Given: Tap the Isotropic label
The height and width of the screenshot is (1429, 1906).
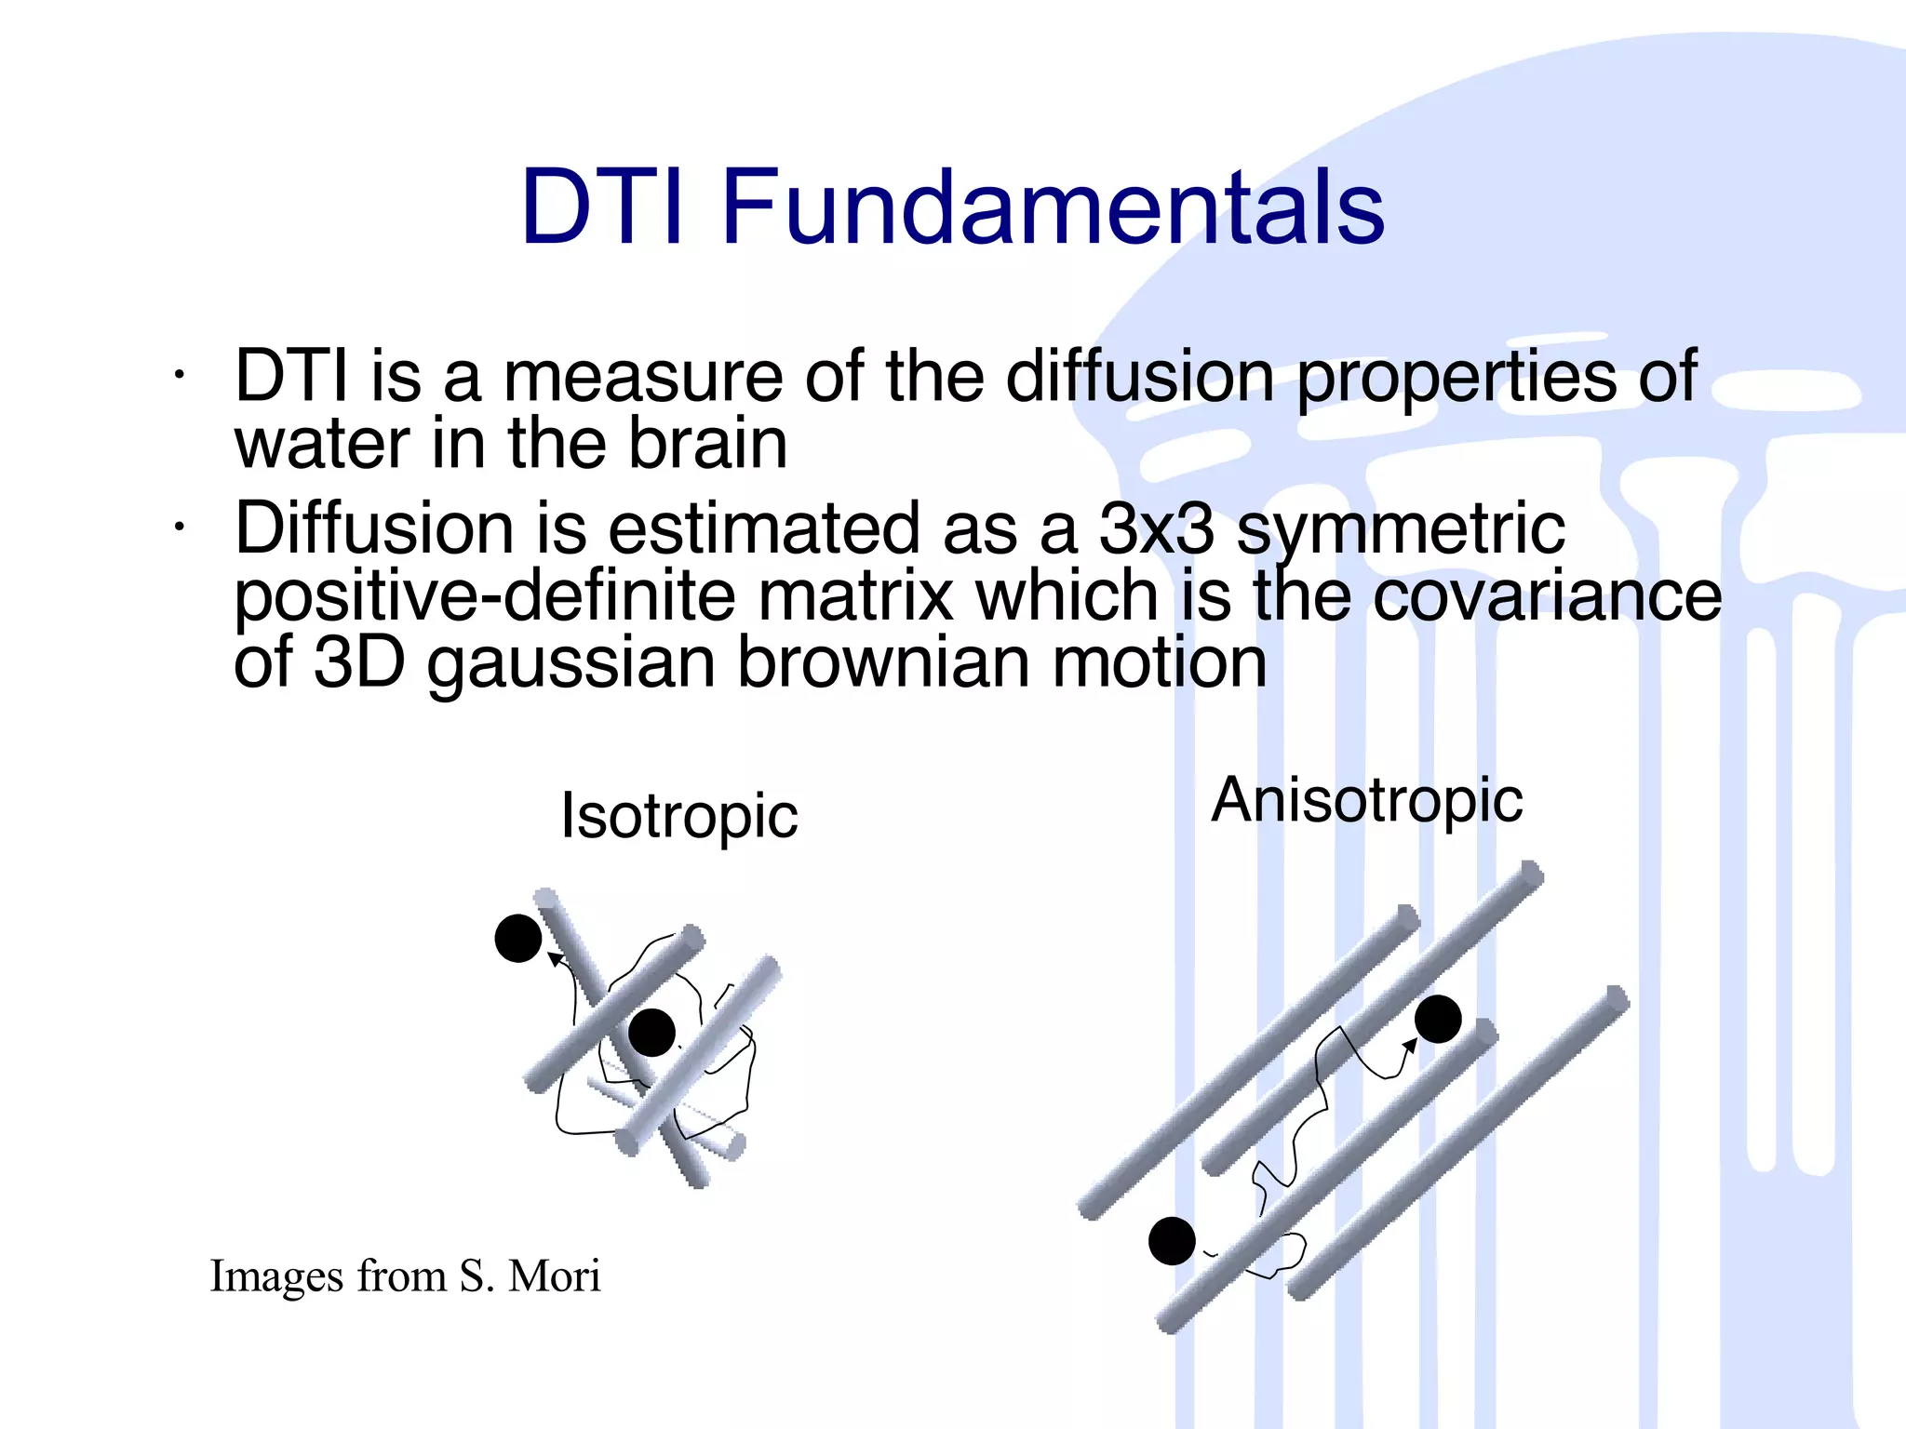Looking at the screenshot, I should pyautogui.click(x=678, y=816).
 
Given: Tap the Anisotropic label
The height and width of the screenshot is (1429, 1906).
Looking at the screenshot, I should pyautogui.click(x=1366, y=800).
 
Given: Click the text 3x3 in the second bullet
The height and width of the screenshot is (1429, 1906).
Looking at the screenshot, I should pyautogui.click(x=1155, y=528).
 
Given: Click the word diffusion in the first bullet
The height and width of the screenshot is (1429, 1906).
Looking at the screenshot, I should pyautogui.click(x=1139, y=376).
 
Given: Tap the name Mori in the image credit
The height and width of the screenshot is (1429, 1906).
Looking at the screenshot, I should pyautogui.click(x=554, y=1275).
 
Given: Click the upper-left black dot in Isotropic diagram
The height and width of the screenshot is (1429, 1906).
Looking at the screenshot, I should pyautogui.click(x=518, y=938).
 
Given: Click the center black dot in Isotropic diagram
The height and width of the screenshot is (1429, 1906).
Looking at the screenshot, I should pyautogui.click(x=651, y=1032).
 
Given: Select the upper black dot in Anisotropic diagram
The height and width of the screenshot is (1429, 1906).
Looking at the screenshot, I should pyautogui.click(x=1438, y=1019).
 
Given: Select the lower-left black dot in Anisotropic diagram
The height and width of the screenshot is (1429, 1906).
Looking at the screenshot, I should pyautogui.click(x=1172, y=1240).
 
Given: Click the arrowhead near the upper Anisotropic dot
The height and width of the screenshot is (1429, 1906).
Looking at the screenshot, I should pyautogui.click(x=1409, y=1047).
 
